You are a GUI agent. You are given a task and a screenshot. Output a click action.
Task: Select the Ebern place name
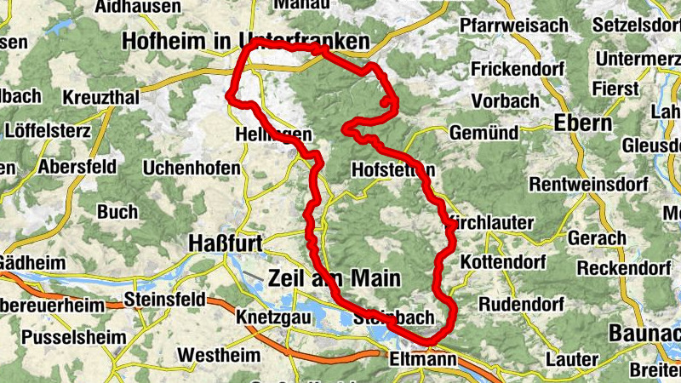[583, 123]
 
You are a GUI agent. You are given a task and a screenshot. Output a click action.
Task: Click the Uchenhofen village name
[192, 169]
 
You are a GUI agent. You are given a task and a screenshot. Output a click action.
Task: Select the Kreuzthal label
[101, 98]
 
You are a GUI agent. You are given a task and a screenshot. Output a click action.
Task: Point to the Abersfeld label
[77, 166]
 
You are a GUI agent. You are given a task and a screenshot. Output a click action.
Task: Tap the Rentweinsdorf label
[588, 184]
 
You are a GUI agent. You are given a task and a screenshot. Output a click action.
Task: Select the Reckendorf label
[624, 269]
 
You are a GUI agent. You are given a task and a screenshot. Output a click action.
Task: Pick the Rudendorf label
[522, 304]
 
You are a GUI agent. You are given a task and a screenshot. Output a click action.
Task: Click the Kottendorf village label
[506, 261]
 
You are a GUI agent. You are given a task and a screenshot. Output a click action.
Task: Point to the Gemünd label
[484, 133]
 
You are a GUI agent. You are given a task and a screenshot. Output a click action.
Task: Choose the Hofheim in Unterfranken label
[246, 41]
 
